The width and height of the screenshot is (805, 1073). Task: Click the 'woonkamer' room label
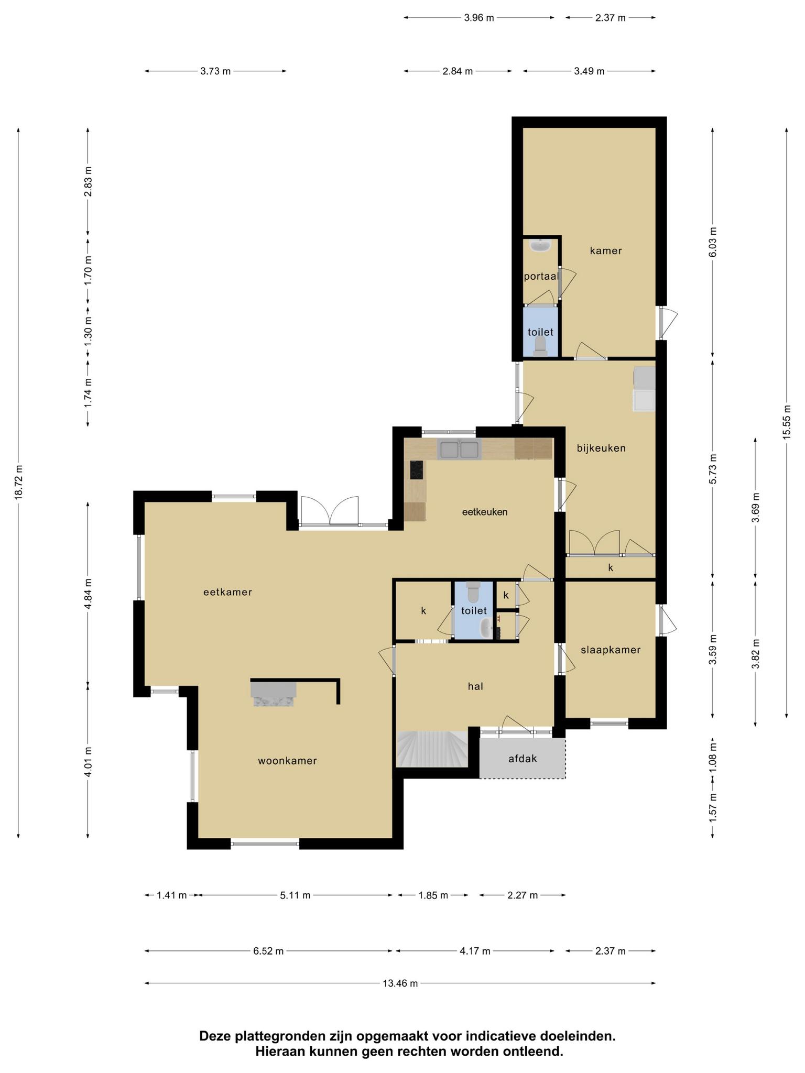[x=287, y=761]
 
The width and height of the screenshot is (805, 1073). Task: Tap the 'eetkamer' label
[x=228, y=592]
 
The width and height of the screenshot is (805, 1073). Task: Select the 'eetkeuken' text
[x=485, y=512]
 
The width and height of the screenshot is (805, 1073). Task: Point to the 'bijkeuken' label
[x=601, y=448]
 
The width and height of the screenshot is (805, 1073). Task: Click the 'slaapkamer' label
[x=611, y=650]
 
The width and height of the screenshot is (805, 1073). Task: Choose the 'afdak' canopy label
[x=523, y=758]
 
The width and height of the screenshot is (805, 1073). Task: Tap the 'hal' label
[x=475, y=686]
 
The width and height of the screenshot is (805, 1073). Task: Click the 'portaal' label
[x=541, y=276]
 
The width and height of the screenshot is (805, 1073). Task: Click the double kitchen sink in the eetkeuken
[x=459, y=450]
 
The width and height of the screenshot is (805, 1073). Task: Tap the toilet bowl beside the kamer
[x=540, y=346]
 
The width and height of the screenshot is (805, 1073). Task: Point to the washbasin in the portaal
[x=539, y=245]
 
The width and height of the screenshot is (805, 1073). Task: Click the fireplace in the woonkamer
[x=274, y=695]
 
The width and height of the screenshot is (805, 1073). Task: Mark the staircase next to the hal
[x=432, y=749]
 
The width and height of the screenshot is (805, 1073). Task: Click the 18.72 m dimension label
[x=18, y=483]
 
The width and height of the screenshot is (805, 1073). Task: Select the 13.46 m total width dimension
[x=400, y=983]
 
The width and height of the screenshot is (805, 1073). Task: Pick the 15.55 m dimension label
[x=786, y=423]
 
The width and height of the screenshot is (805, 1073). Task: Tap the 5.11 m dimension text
[x=295, y=895]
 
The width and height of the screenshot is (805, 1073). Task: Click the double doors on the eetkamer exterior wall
[x=331, y=511]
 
